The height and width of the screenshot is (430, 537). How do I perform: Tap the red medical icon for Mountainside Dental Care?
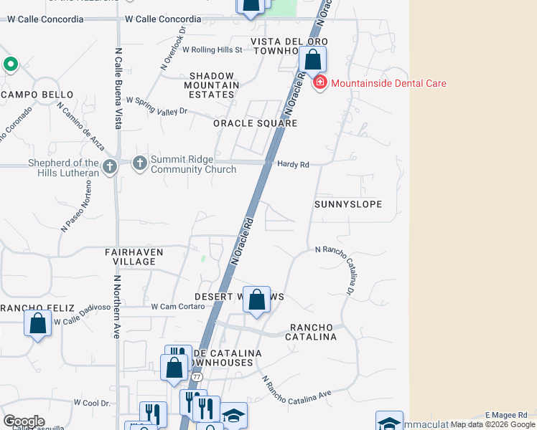319,83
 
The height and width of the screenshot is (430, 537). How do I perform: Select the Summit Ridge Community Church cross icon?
139,165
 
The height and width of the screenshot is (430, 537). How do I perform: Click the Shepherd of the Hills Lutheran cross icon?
109,167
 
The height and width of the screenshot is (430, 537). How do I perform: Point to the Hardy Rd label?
293,165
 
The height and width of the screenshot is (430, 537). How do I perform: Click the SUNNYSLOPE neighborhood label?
348,204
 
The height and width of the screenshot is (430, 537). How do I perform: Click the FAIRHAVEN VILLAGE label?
134,257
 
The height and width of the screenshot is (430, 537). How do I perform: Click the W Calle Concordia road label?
164,19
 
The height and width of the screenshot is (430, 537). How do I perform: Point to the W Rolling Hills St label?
213,50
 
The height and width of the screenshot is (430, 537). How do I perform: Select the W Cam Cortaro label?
178,306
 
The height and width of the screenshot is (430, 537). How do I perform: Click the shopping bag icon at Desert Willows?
257,300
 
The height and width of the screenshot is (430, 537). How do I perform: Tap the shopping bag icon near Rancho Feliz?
37,322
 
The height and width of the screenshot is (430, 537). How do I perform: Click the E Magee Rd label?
507,414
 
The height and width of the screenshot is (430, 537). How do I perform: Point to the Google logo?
24,421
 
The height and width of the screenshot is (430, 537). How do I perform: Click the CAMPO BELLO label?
37,95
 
